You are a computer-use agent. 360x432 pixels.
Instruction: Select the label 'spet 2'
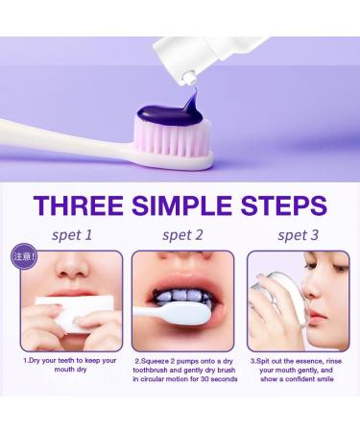(183, 234)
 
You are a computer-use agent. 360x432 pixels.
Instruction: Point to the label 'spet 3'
(298, 234)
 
